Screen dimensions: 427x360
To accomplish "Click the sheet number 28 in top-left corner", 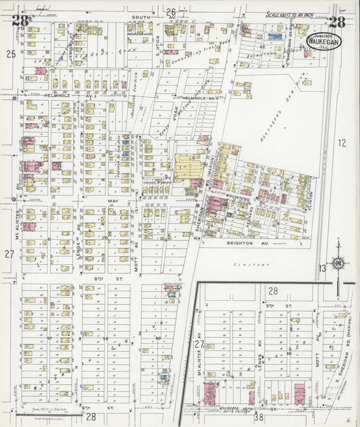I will [21, 20].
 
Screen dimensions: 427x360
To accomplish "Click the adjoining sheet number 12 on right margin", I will [342, 143].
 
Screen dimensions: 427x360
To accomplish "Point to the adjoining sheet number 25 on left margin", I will [10, 53].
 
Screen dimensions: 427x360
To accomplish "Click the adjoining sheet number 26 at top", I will [172, 11].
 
